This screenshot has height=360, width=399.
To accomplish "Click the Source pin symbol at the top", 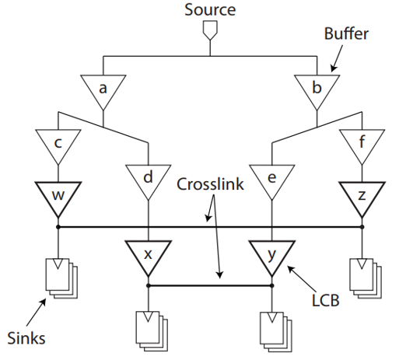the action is click(210, 30).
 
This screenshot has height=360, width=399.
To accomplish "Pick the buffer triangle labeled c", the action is click(58, 144).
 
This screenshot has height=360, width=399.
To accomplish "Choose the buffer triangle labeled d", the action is click(148, 180).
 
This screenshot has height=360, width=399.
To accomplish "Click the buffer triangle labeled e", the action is click(271, 180).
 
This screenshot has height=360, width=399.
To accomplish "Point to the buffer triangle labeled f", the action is click(362, 144).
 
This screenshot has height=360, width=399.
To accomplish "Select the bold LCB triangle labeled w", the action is click(58, 197).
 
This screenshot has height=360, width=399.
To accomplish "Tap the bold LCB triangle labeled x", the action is click(148, 256).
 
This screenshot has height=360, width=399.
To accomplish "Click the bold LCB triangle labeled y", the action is click(271, 256).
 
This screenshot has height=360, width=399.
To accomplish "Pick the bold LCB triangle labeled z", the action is click(362, 197).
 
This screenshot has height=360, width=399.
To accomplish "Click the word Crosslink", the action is click(210, 184).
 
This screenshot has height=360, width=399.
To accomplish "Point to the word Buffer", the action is click(346, 33).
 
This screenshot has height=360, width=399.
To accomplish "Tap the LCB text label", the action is click(325, 300).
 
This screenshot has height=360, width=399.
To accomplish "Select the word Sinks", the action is click(26, 338).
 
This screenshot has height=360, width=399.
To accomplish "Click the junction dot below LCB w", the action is click(58, 227).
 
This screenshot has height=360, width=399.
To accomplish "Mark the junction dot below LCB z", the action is click(362, 227).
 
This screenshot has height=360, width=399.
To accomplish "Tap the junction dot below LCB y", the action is click(271, 285).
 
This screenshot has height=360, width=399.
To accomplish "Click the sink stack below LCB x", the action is click(152, 331).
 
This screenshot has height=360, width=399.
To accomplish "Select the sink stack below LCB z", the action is click(366, 278).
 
